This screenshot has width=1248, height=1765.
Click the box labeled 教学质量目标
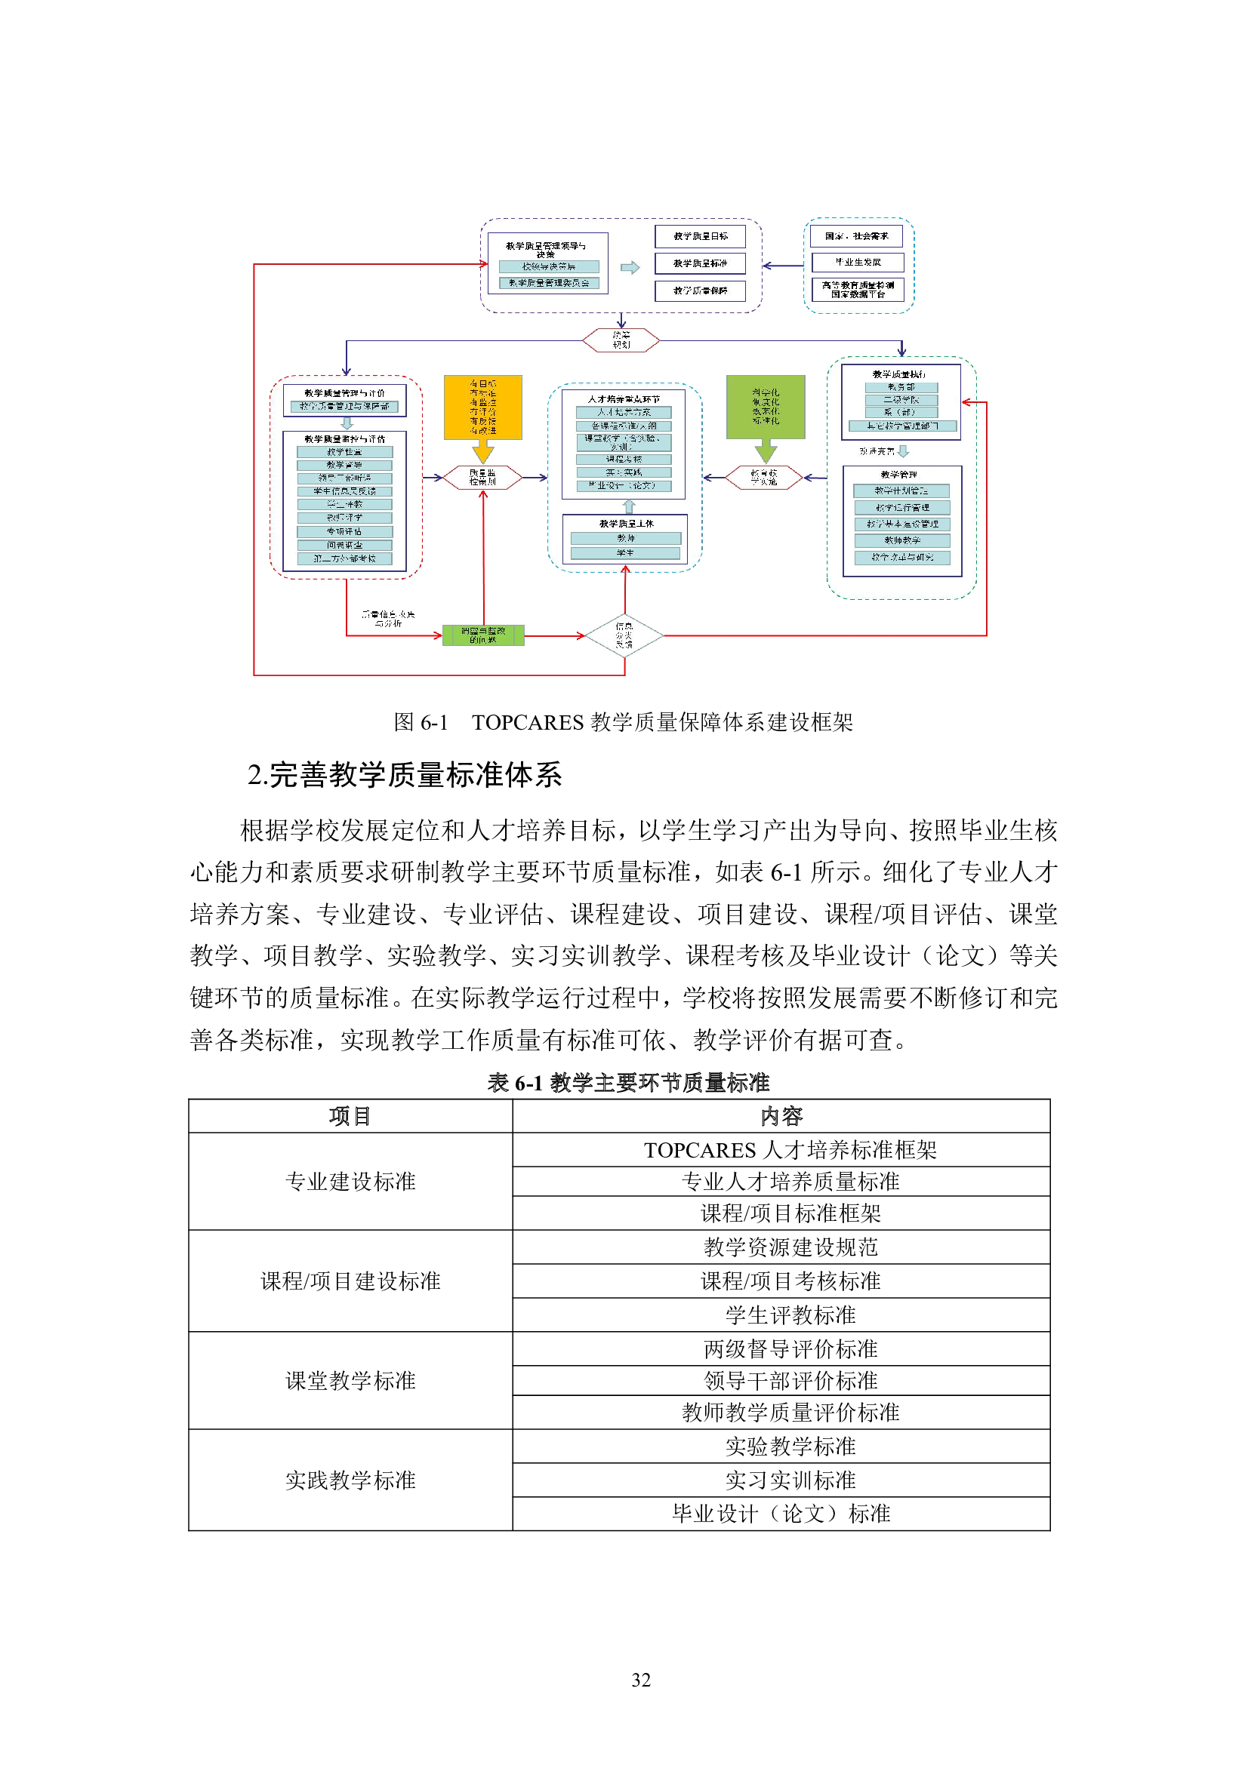pyautogui.click(x=700, y=236)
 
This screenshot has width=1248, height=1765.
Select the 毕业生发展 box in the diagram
pyautogui.click(x=858, y=262)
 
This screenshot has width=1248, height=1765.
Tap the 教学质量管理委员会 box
pyautogui.click(x=548, y=283)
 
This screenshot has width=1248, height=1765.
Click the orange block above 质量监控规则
pyautogui.click(x=483, y=407)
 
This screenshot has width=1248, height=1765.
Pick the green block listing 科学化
pyautogui.click(x=765, y=407)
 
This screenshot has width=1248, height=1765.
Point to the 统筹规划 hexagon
pyautogui.click(x=621, y=340)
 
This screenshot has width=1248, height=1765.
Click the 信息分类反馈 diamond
pyautogui.click(x=624, y=635)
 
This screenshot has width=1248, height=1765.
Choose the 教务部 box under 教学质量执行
pyautogui.click(x=901, y=387)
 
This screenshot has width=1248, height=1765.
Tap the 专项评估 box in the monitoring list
pyautogui.click(x=344, y=531)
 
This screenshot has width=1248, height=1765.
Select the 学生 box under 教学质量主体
pyautogui.click(x=625, y=552)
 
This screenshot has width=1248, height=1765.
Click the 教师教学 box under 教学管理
pyautogui.click(x=901, y=540)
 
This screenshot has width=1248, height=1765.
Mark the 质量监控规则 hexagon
pyautogui.click(x=483, y=478)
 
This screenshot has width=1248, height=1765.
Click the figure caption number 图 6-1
pyautogui.click(x=421, y=722)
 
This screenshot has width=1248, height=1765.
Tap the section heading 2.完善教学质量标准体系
pyautogui.click(x=405, y=775)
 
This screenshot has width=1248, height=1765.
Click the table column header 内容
pyautogui.click(x=781, y=1115)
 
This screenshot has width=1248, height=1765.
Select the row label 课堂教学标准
pyautogui.click(x=350, y=1381)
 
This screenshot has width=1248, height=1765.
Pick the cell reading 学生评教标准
pyautogui.click(x=790, y=1315)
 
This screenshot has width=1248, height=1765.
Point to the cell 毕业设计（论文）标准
pyautogui.click(x=781, y=1513)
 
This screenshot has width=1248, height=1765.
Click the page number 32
pyautogui.click(x=640, y=1680)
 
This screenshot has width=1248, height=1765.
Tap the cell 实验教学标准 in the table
pyautogui.click(x=790, y=1446)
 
